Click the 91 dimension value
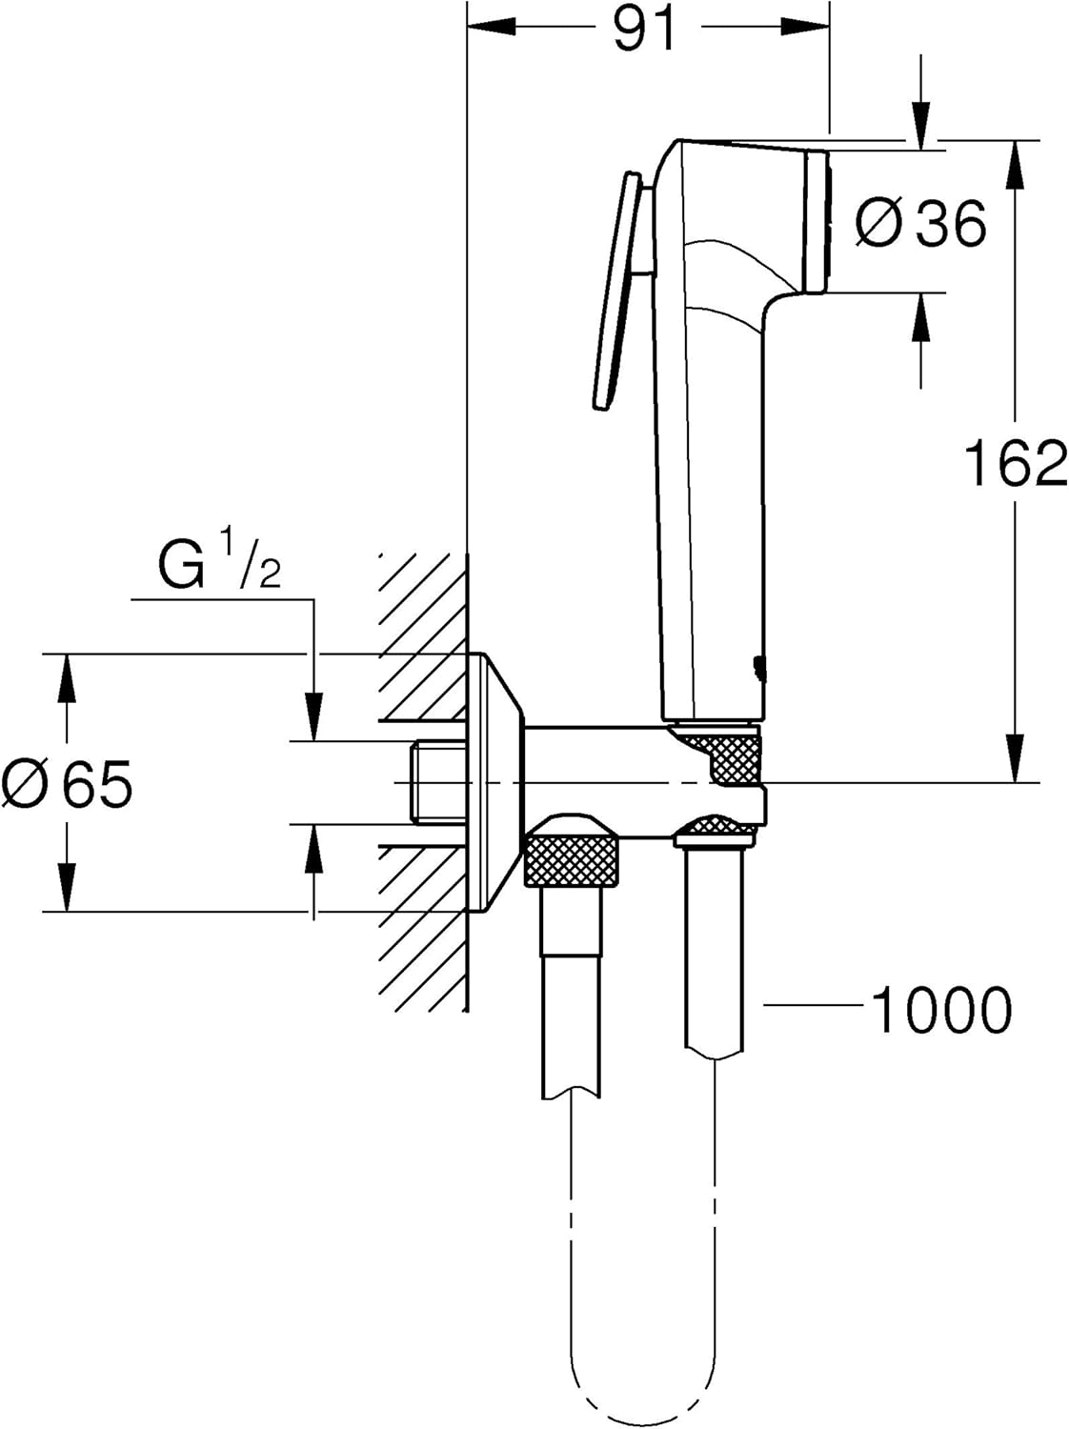click(644, 30)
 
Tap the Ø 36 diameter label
click(920, 225)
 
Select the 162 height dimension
click(1016, 464)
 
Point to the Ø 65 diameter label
click(67, 785)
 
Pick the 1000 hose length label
click(941, 1011)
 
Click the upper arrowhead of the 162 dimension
click(1017, 162)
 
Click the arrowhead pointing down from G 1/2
click(313, 718)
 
